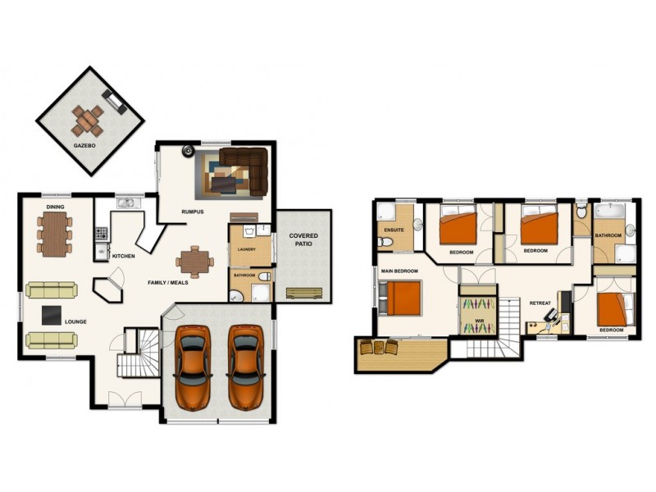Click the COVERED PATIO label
303,240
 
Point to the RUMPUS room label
192,212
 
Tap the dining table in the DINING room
54,233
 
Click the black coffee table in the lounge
51,313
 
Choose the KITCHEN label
124,257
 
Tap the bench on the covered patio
303,293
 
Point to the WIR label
478,310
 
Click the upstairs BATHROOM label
608,235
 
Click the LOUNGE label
75,321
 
